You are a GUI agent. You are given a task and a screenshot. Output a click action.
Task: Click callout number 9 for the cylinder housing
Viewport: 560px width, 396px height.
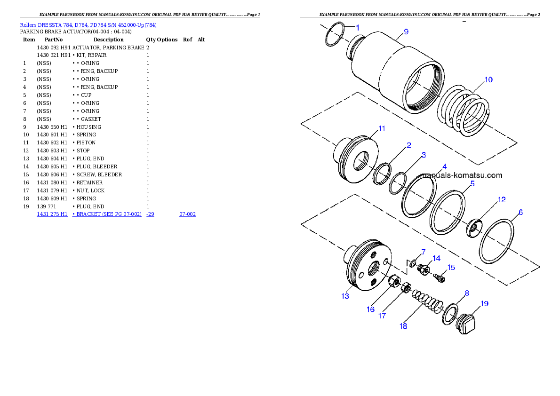tap(406, 32)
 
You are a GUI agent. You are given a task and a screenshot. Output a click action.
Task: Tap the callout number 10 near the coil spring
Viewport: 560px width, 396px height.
tap(488, 79)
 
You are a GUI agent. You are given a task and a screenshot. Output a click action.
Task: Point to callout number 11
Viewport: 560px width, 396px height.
tap(381, 128)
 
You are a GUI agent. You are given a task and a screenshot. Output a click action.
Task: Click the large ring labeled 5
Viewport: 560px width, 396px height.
tap(448, 212)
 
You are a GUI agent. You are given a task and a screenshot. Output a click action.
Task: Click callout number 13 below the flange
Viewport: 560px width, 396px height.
tap(345, 296)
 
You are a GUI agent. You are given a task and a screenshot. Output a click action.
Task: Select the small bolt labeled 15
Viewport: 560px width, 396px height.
tap(440, 278)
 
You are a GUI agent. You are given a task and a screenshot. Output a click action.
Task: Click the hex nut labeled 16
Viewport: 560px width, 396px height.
tap(394, 282)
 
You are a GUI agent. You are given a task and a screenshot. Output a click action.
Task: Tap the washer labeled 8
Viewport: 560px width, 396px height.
tap(450, 314)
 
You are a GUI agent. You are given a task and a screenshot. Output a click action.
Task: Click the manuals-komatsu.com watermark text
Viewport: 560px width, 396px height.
tap(461, 175)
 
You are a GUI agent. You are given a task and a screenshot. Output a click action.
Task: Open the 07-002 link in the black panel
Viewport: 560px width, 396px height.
tap(187, 214)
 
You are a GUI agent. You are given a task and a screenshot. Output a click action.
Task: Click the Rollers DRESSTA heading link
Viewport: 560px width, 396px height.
tap(88, 25)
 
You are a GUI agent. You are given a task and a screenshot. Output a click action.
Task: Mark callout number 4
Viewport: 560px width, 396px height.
tap(444, 166)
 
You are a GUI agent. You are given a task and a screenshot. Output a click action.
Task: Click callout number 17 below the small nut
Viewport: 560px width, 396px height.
tap(382, 316)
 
